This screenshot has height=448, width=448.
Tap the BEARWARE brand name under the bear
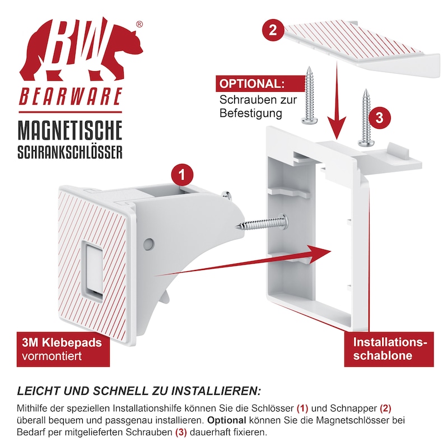coord(71,96)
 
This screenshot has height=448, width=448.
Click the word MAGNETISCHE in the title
coord(70,130)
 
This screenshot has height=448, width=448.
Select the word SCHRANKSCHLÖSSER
coord(70,152)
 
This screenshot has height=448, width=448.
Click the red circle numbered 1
coord(182,175)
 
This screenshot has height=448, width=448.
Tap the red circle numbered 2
coord(273,30)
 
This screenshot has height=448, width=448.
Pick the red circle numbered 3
coord(379,118)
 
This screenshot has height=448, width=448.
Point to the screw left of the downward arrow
coord(309,95)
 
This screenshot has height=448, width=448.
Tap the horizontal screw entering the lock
coord(262,223)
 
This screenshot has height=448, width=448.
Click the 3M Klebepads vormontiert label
coord(63,349)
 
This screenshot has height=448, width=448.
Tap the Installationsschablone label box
coord(389,349)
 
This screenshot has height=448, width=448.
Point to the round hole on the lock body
coord(148,244)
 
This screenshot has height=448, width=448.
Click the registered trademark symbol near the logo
coord(139,25)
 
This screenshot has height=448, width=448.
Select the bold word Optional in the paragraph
coord(227,420)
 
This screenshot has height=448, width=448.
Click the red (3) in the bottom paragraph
coord(181,432)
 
